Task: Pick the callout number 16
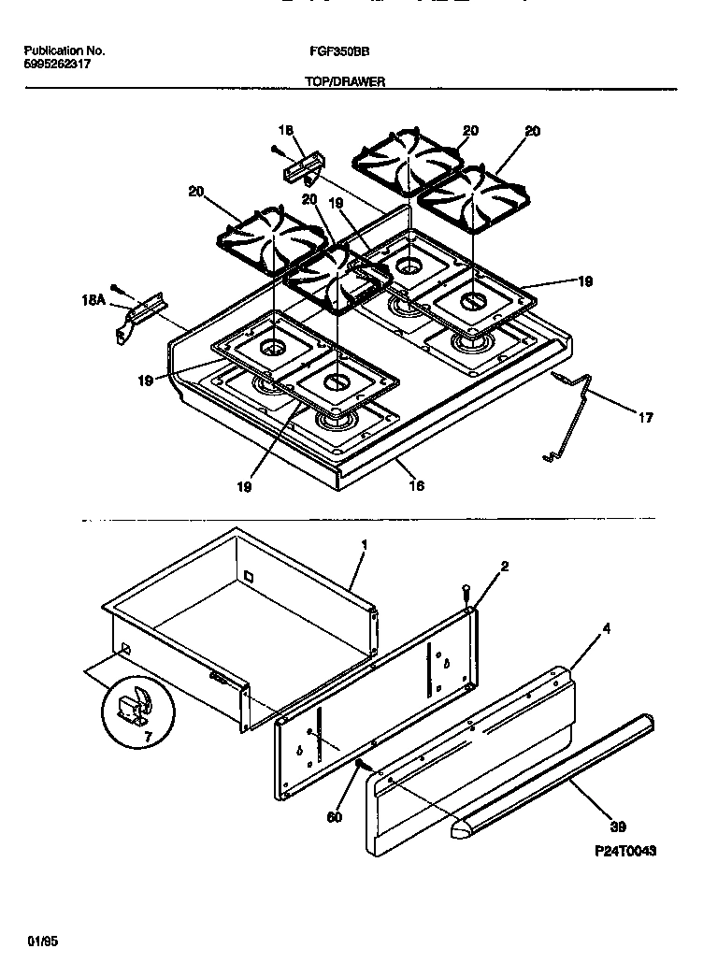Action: click(417, 484)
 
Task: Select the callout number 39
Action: click(617, 826)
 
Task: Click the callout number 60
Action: click(335, 816)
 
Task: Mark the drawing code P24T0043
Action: click(624, 851)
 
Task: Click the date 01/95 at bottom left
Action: click(38, 939)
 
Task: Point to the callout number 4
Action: click(606, 628)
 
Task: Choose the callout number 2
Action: click(504, 567)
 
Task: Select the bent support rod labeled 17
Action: click(571, 416)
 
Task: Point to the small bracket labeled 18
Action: click(301, 170)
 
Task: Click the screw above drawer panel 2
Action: click(466, 591)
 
